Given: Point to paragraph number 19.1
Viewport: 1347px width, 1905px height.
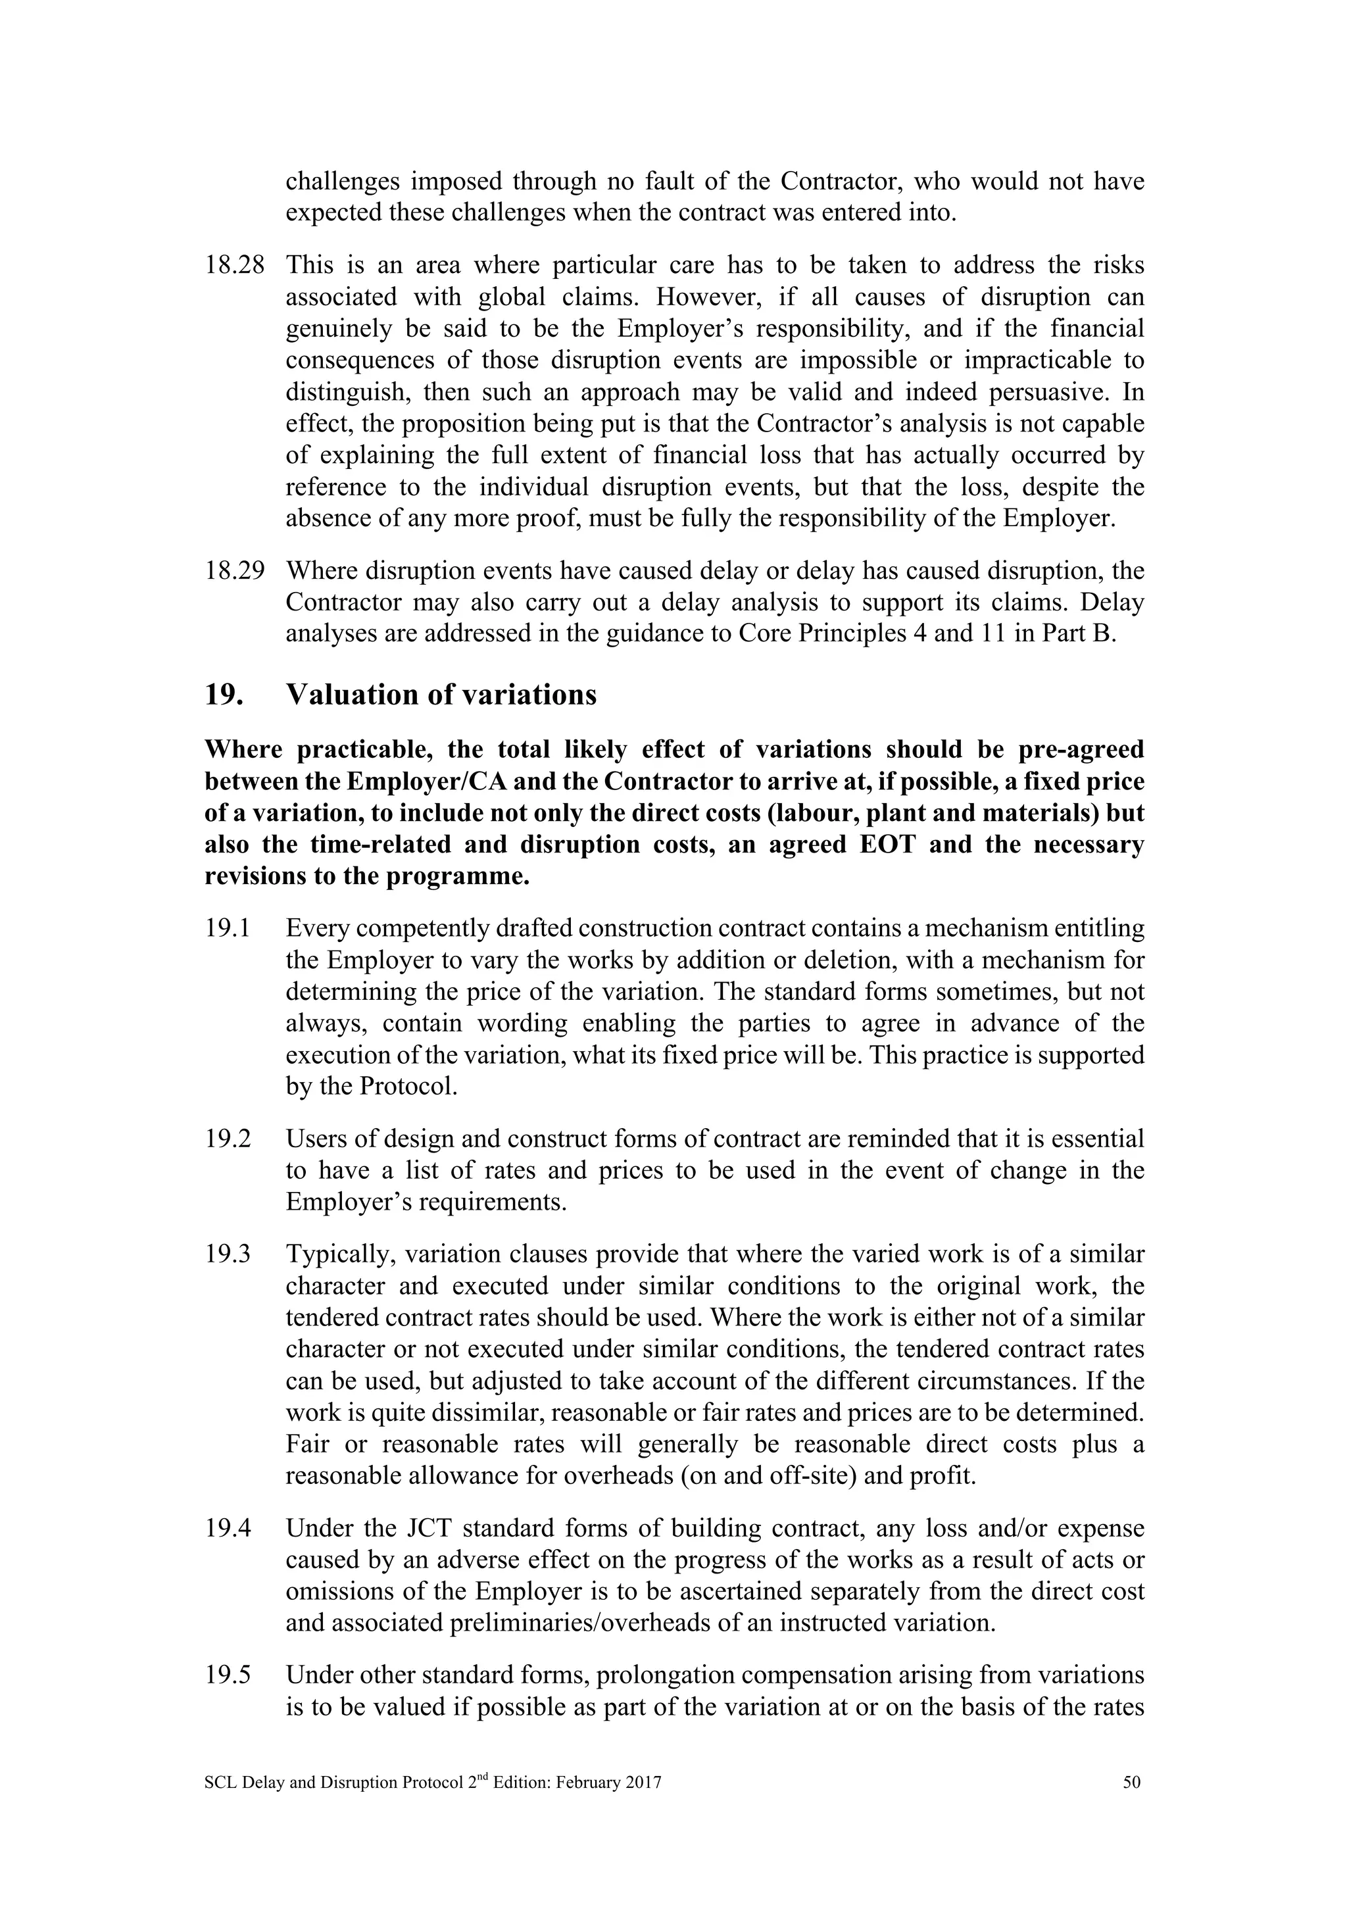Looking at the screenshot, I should click(228, 928).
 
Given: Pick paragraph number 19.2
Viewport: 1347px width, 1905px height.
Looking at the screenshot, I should click(228, 1139).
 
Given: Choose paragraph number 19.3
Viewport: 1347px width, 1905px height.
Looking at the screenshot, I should click(228, 1254).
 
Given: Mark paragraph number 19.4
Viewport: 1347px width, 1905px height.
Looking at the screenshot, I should click(228, 1528).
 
